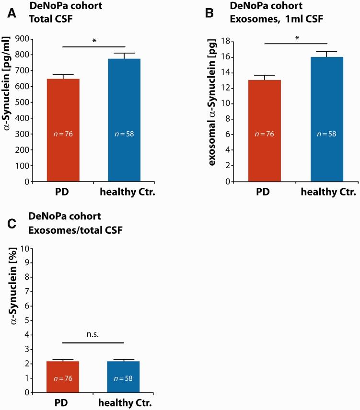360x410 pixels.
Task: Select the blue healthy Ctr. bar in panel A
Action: [x=124, y=120]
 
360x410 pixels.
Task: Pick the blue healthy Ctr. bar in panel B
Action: [x=326, y=119]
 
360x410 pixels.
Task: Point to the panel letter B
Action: [x=209, y=13]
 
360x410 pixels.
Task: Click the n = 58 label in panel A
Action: [x=124, y=133]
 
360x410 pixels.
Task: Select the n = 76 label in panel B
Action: [x=265, y=133]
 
